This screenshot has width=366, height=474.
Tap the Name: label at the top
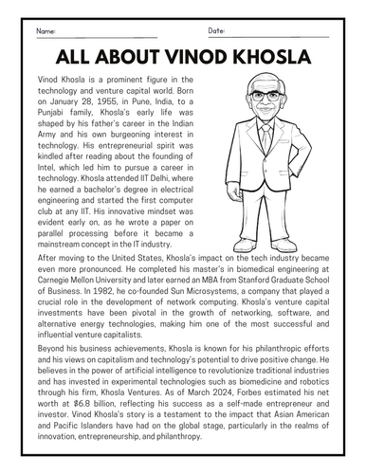pos(45,31)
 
